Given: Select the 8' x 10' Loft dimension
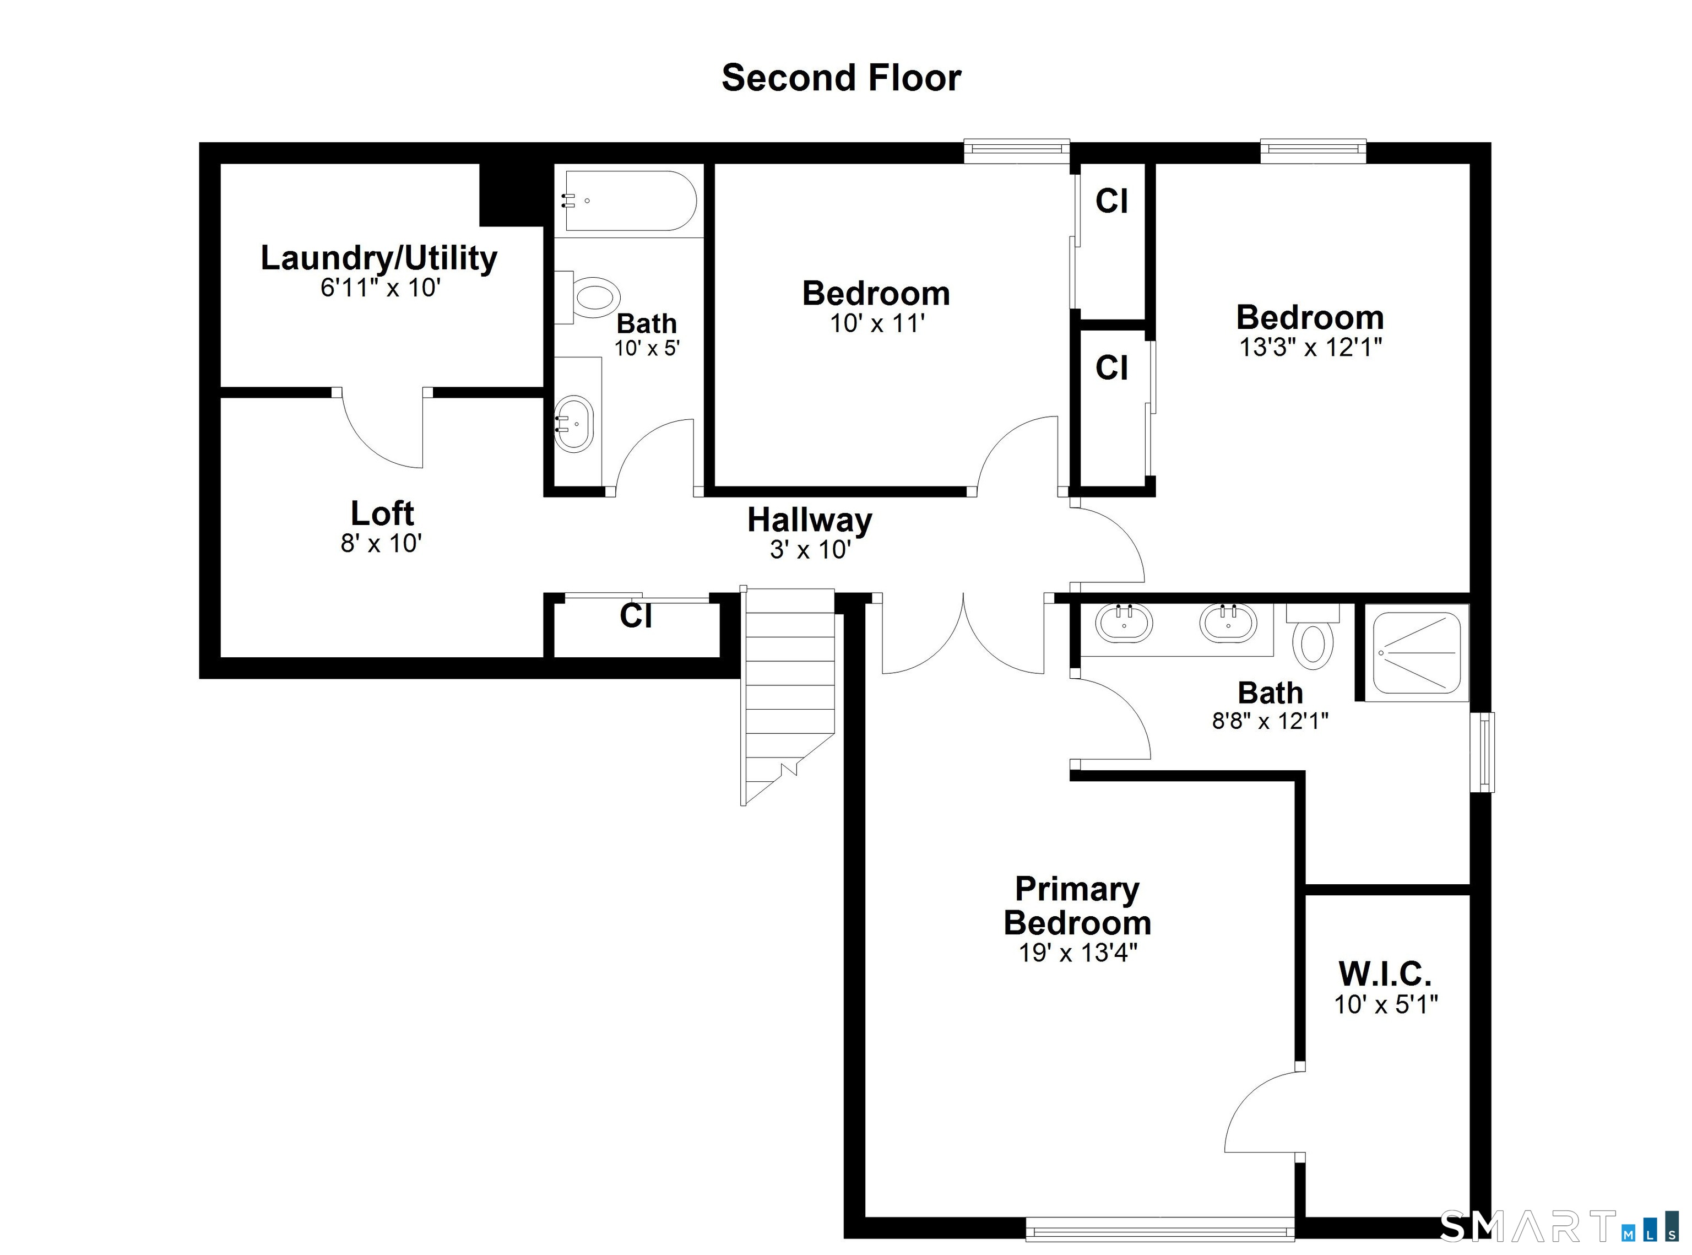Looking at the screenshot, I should click(x=381, y=543).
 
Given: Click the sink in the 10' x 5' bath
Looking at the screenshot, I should click(x=574, y=424).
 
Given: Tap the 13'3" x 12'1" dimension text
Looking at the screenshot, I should click(x=1310, y=347).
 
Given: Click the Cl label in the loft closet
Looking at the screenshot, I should click(x=636, y=615).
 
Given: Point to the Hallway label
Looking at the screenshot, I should click(x=810, y=521).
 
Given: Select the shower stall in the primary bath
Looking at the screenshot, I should click(x=1416, y=653).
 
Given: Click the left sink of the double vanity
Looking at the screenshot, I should click(x=1123, y=624).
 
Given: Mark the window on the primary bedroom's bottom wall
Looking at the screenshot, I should click(x=1159, y=1229).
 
